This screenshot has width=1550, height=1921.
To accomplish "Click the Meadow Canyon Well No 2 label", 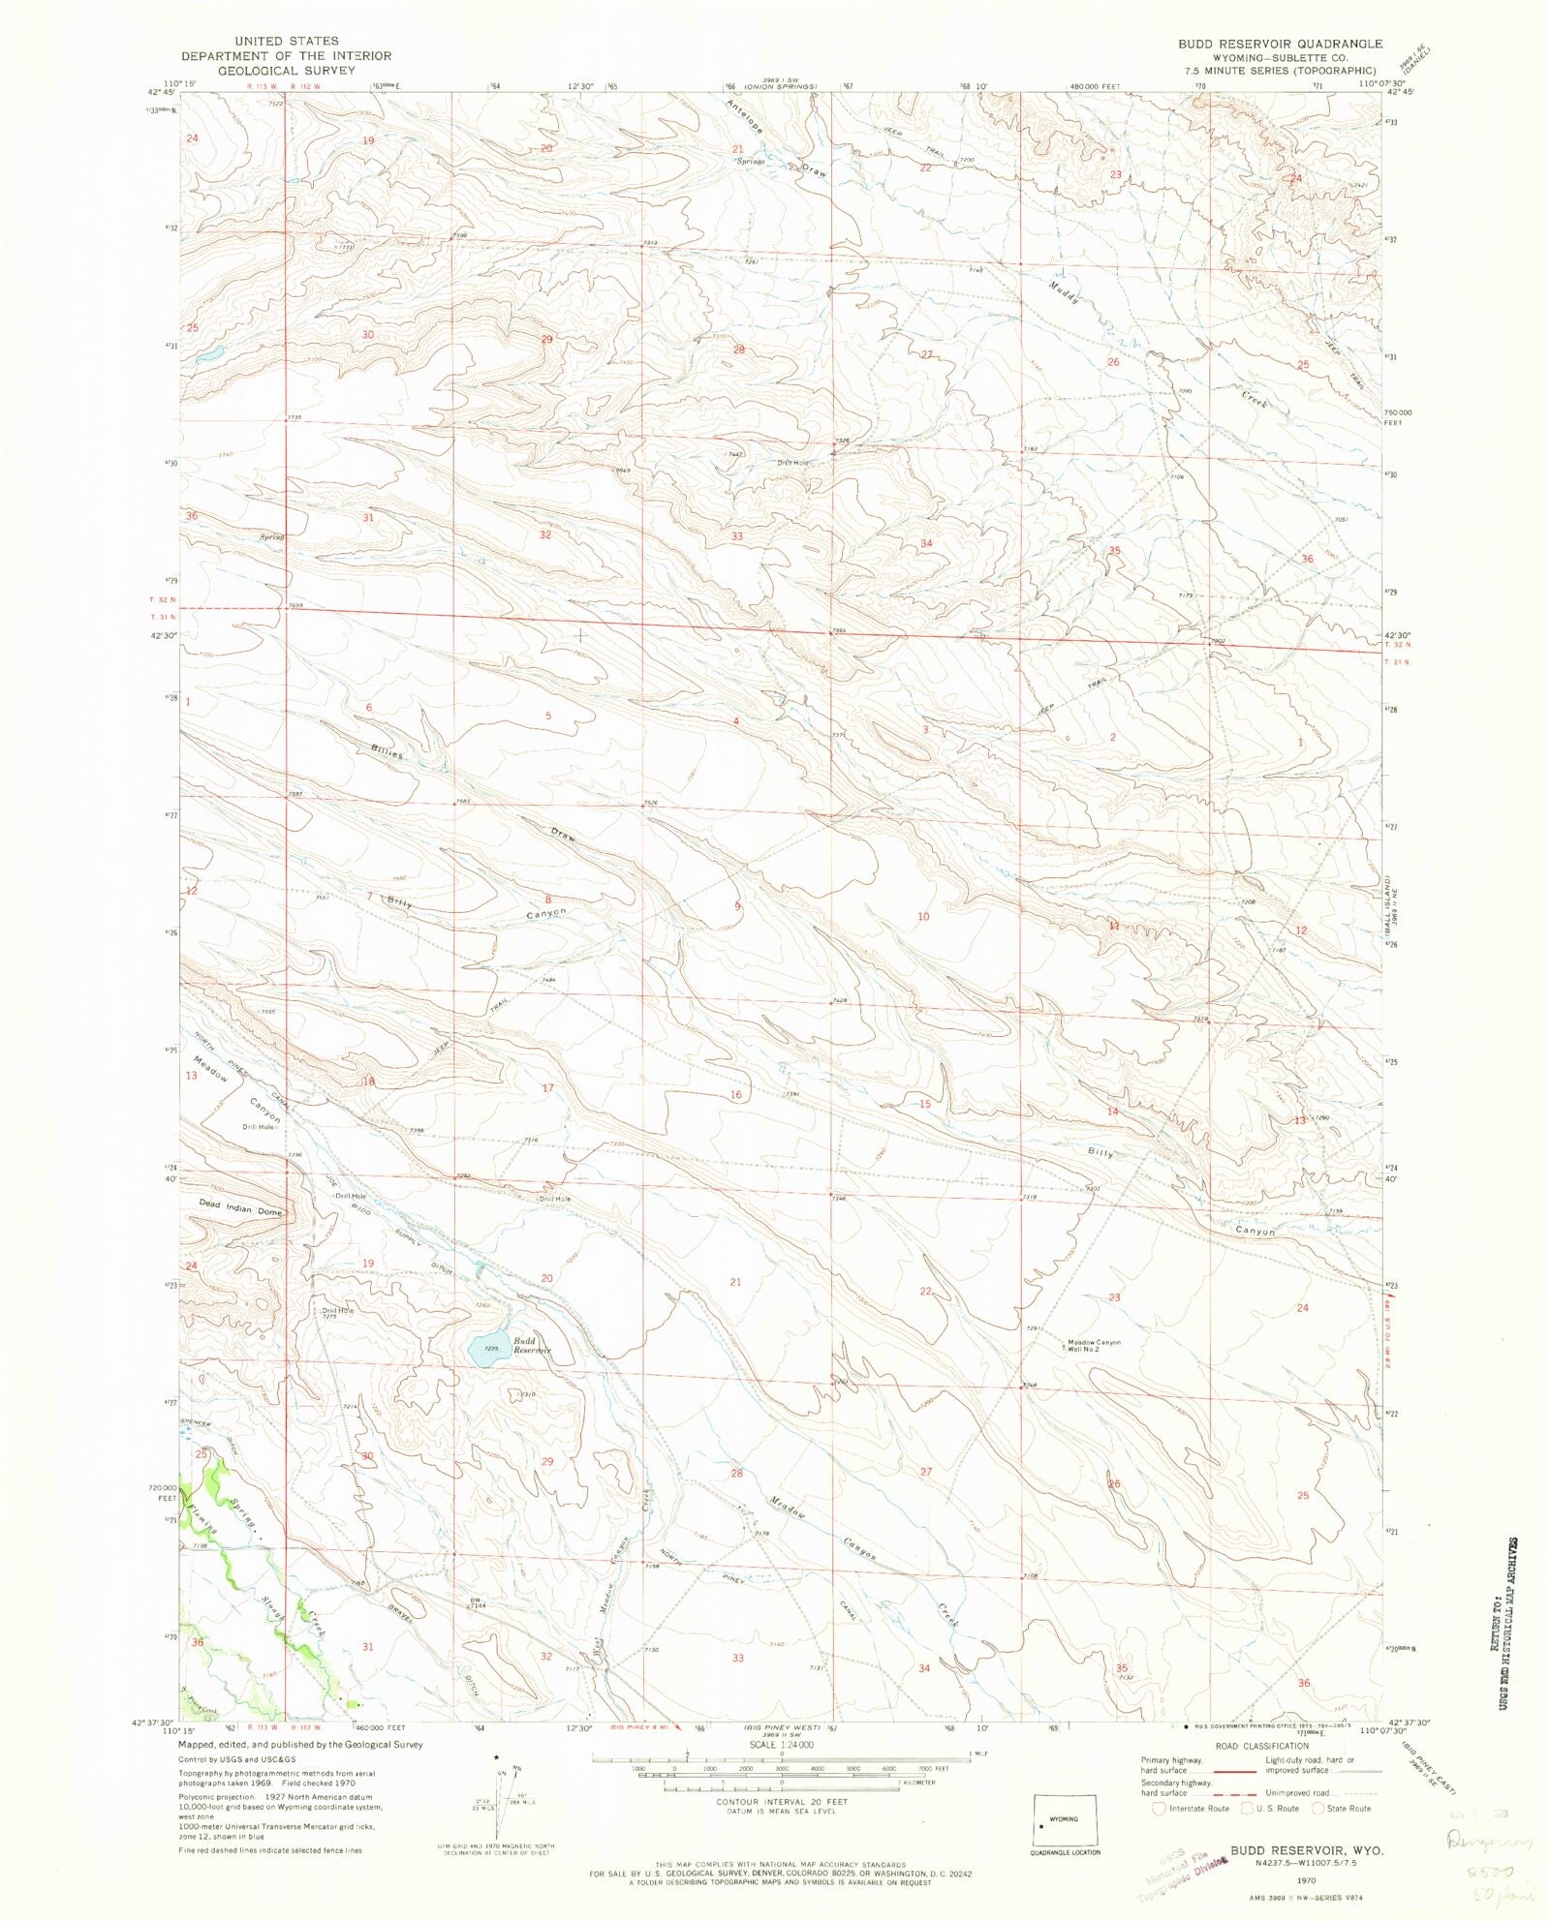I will coord(1093,1346).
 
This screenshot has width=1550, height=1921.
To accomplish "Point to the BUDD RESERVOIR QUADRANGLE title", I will coord(1280,44).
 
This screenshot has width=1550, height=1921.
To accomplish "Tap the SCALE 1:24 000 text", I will coord(781,1745).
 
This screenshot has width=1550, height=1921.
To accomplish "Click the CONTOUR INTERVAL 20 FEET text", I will coord(781,1802).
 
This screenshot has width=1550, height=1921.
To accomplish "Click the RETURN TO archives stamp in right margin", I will coord(1510,1636).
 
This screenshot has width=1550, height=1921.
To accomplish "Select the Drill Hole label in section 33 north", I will coord(792,463).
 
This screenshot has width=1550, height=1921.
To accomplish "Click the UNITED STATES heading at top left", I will coord(287,41).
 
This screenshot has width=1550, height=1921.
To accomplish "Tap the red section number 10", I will coord(923,916).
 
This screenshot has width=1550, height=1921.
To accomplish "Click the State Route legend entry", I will coord(1341,1809).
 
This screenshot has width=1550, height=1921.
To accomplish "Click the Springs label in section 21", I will coord(750,162).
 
